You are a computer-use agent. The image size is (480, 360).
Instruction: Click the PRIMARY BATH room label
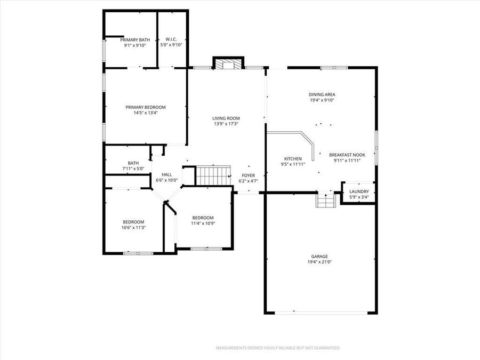coord(134,39)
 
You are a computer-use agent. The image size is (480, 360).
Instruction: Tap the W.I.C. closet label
coord(171,39)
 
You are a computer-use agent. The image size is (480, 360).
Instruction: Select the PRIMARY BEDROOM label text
coord(146,107)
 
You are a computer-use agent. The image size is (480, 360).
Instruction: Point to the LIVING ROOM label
coord(226,118)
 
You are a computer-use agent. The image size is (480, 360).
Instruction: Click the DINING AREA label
coord(322,94)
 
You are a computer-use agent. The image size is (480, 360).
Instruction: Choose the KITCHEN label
coord(293,158)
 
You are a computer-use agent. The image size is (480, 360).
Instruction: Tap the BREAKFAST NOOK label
coord(347,155)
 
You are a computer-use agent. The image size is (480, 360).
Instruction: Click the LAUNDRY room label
coord(358,191)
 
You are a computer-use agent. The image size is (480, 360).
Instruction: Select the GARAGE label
coord(320,256)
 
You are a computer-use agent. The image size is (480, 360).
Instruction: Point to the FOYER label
coord(248,175)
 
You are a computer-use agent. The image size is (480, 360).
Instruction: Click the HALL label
coord(167,174)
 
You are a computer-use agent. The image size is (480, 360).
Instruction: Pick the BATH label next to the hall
coord(133,163)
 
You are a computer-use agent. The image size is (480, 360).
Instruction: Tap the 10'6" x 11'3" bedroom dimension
coord(133,228)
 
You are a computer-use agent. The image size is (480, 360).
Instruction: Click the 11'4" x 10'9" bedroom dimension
coord(203,223)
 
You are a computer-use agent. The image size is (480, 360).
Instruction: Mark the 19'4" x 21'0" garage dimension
coord(320,262)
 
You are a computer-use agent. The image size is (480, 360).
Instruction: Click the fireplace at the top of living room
coord(228,64)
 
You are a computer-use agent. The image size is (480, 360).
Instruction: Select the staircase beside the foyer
coord(213,175)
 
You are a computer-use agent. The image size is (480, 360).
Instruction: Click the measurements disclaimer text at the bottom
coord(277,348)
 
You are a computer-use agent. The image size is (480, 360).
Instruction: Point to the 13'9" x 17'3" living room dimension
coord(226,124)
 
